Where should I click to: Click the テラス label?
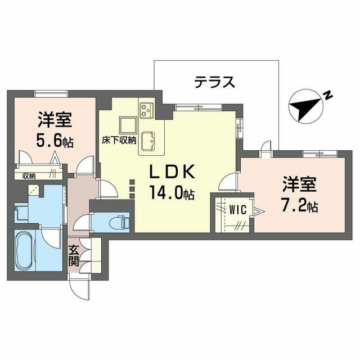click(215, 83)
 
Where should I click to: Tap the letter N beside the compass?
click(328, 96)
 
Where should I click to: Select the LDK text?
click(172, 172)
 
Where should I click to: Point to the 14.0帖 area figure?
click(172, 192)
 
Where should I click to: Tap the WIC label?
click(238, 210)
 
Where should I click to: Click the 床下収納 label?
click(119, 140)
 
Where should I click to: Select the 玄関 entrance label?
click(74, 256)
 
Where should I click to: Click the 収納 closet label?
click(29, 176)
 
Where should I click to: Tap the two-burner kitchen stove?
click(147, 110)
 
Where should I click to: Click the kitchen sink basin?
click(148, 141)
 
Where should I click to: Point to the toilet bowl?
click(119, 223)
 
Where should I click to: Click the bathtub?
click(25, 251)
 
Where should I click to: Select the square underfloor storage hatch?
click(128, 125)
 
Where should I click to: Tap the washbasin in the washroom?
click(21, 213)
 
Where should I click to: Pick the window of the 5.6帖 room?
click(52, 94)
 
